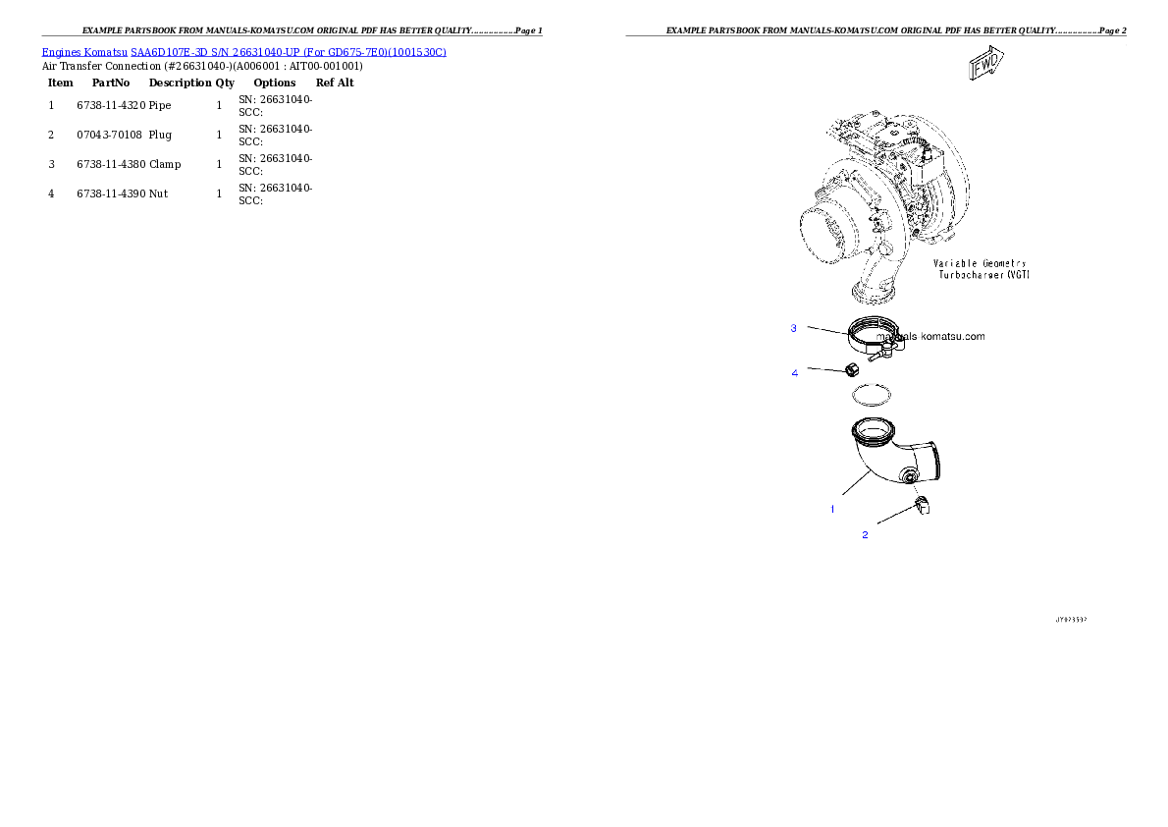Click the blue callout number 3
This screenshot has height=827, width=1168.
tap(794, 328)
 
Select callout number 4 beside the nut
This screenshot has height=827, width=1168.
tap(795, 373)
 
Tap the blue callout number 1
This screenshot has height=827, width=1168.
tap(832, 509)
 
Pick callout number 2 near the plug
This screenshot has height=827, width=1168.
tap(865, 535)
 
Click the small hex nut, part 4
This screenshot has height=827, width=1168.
tap(852, 370)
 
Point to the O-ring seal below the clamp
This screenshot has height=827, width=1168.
tap(872, 396)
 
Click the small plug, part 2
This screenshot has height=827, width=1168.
tap(923, 506)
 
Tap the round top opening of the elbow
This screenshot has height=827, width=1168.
tap(872, 428)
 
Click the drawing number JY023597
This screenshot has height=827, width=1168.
tap(1071, 620)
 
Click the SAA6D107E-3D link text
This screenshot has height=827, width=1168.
tap(169, 51)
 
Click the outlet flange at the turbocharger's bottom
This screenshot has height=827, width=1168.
tap(872, 294)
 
